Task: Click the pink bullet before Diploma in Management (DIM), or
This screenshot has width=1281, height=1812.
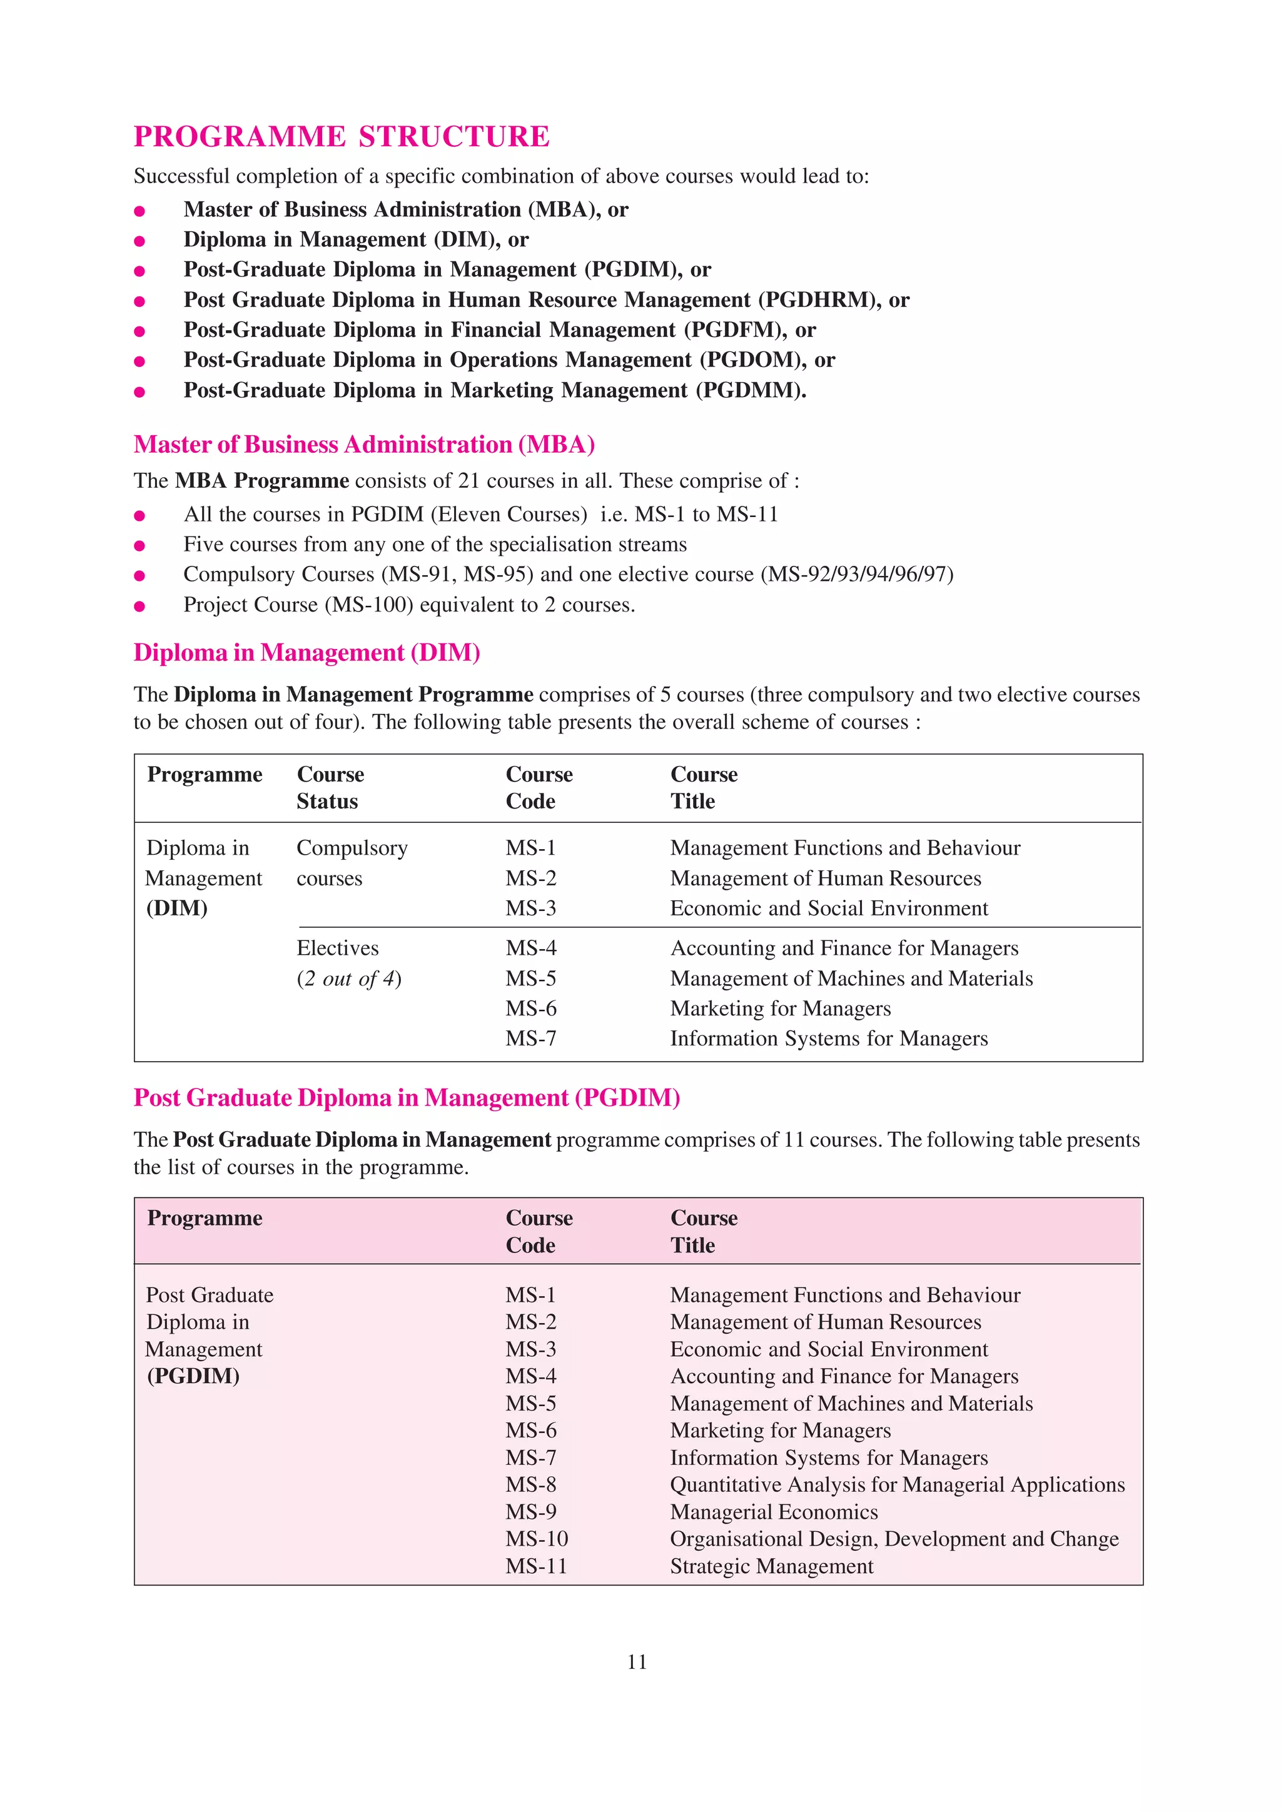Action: (139, 241)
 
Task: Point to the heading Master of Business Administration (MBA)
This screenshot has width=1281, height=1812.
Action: (364, 445)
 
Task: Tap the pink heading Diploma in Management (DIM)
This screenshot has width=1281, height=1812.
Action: (306, 653)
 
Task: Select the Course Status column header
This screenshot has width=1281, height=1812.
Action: (330, 788)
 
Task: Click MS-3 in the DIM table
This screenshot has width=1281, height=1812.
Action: (530, 909)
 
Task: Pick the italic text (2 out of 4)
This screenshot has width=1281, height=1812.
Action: (349, 979)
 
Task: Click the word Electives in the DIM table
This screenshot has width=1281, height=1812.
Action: (337, 948)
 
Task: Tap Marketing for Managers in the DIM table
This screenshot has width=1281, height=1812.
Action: (780, 1009)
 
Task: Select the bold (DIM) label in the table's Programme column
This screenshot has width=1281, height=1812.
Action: (177, 909)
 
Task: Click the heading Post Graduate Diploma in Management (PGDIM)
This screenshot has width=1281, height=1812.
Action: (407, 1098)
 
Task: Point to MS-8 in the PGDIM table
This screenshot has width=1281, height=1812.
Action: (530, 1484)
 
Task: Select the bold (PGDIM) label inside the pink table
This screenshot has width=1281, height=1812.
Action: (193, 1376)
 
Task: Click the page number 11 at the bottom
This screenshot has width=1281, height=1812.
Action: (637, 1663)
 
